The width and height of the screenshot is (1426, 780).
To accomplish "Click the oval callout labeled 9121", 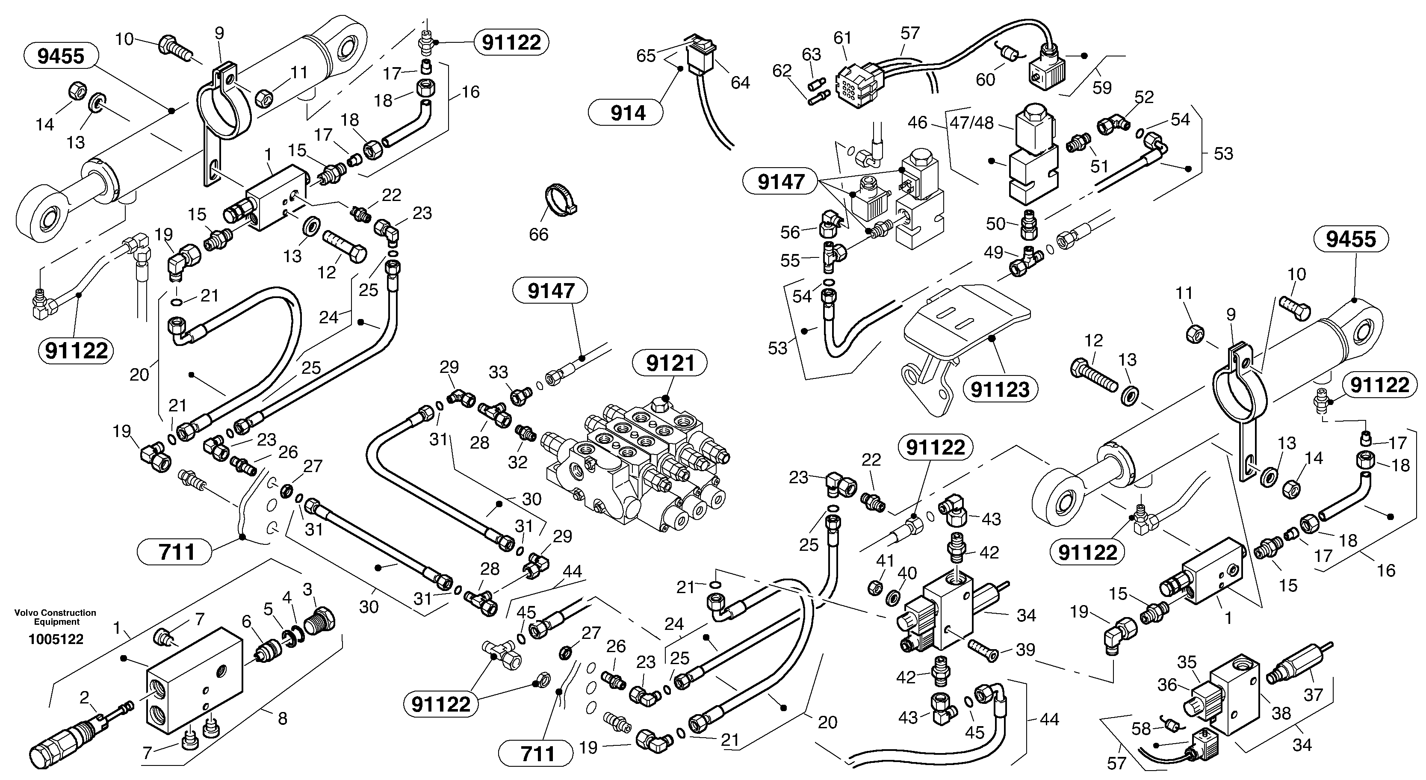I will click(x=670, y=364).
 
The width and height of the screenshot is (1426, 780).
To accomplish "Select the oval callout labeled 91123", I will click(x=1000, y=390).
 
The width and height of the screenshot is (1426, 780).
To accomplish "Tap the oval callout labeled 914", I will click(x=628, y=113).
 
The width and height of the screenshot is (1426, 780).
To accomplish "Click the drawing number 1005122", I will click(x=56, y=639).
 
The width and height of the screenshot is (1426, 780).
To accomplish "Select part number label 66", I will click(x=538, y=234).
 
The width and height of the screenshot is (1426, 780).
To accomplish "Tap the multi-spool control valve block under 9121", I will click(x=637, y=465).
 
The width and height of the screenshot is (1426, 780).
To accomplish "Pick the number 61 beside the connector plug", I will click(x=842, y=38).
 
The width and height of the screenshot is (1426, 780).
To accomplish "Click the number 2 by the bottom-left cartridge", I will click(x=84, y=697).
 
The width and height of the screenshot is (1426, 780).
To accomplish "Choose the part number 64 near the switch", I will click(x=740, y=83).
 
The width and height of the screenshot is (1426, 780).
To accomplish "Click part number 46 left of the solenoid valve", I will click(x=917, y=122).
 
